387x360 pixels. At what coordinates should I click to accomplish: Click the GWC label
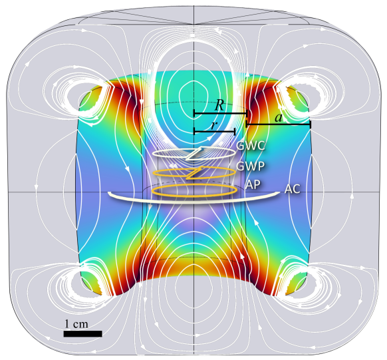click(x=250, y=146)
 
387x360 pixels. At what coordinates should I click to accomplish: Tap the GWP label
click(x=250, y=166)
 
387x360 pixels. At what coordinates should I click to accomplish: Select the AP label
click(x=253, y=184)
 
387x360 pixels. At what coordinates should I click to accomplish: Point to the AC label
click(x=292, y=189)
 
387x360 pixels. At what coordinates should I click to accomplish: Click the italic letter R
click(x=219, y=105)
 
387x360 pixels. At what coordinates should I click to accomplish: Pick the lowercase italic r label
click(x=214, y=125)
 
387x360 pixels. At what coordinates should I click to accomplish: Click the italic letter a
click(x=279, y=118)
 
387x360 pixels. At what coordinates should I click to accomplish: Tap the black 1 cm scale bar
click(x=82, y=333)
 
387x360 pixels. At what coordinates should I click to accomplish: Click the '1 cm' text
click(x=76, y=323)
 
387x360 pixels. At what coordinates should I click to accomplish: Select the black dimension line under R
click(x=220, y=114)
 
